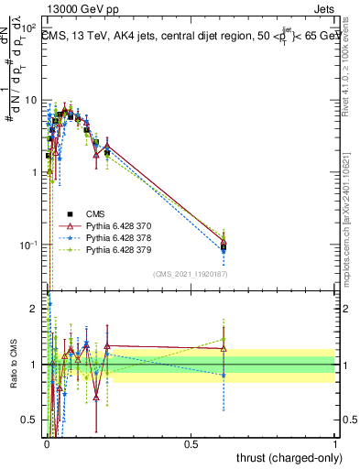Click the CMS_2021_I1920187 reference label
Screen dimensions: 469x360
(190, 274)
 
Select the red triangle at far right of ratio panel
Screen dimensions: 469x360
(224, 348)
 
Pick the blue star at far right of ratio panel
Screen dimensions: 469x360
(224, 375)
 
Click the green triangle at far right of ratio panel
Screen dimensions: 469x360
(224, 340)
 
